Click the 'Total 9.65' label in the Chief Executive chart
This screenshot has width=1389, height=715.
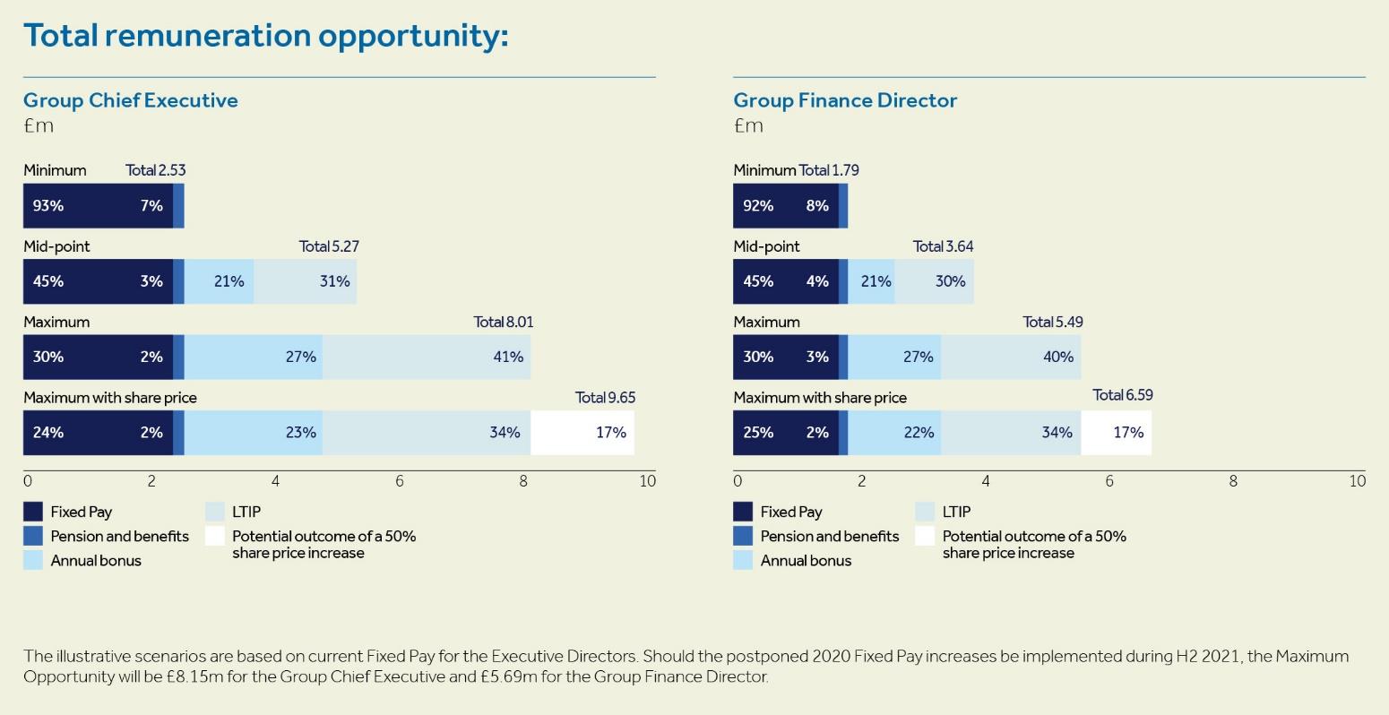tap(605, 397)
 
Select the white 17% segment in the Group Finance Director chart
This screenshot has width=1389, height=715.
tap(1116, 433)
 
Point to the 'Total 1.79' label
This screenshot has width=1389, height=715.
tap(829, 170)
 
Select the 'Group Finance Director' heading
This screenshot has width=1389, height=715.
tap(845, 100)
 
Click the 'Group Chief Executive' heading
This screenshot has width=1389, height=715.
tap(131, 100)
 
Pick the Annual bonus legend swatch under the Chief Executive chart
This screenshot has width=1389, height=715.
tap(33, 560)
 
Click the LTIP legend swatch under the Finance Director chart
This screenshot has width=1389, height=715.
tap(925, 512)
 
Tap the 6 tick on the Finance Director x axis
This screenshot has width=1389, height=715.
tap(1109, 481)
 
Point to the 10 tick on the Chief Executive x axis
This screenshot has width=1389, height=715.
tap(647, 481)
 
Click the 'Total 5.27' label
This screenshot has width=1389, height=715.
tap(329, 246)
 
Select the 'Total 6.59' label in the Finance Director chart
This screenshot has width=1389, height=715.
tap(1123, 395)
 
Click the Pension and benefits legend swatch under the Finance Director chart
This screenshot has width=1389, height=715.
tap(743, 536)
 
